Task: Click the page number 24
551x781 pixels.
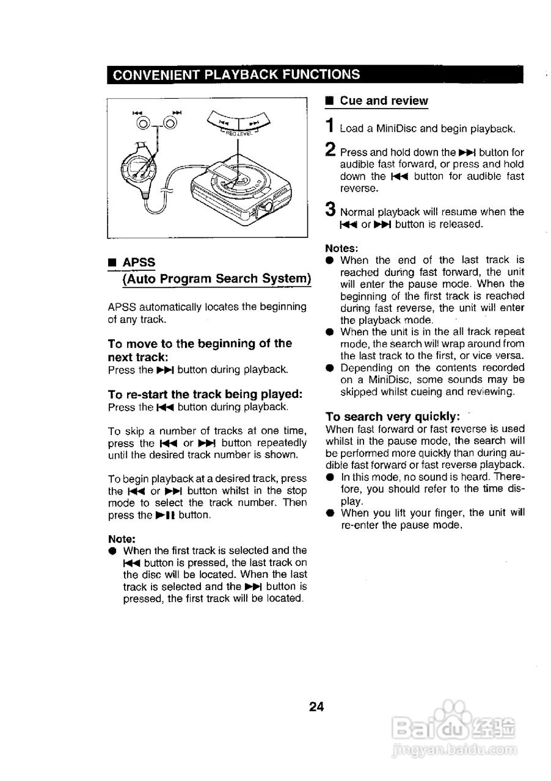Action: [316, 707]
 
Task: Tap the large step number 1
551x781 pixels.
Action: [329, 126]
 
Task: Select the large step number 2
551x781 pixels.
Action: [330, 149]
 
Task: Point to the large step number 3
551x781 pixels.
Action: [330, 210]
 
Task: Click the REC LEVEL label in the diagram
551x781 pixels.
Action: [239, 132]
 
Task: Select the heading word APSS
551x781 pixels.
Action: [139, 262]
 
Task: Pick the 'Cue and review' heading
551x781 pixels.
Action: [384, 101]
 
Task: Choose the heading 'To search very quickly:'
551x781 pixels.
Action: [393, 417]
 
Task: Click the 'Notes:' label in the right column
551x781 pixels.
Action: [341, 248]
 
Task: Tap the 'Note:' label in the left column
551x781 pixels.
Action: [122, 539]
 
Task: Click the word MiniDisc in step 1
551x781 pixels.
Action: [398, 129]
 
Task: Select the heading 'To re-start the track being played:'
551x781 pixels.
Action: [205, 394]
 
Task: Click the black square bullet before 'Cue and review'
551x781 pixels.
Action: [329, 101]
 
